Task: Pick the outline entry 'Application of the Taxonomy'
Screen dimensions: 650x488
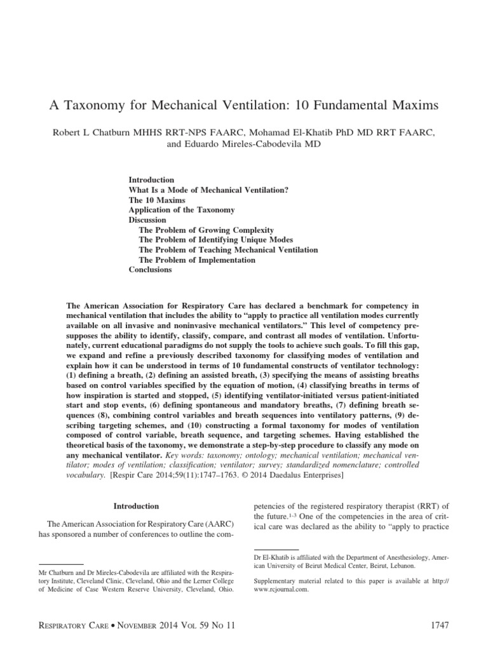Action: pos(182,209)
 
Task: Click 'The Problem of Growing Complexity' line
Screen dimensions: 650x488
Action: pos(206,230)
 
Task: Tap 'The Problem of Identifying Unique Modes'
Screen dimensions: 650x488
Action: pos(216,240)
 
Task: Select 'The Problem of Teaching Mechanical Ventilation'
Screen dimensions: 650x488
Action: pos(228,250)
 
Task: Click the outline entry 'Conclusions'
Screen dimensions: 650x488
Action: pos(150,270)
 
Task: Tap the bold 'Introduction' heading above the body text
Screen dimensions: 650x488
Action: pos(136,507)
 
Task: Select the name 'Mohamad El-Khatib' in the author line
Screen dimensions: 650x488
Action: pos(301,131)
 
